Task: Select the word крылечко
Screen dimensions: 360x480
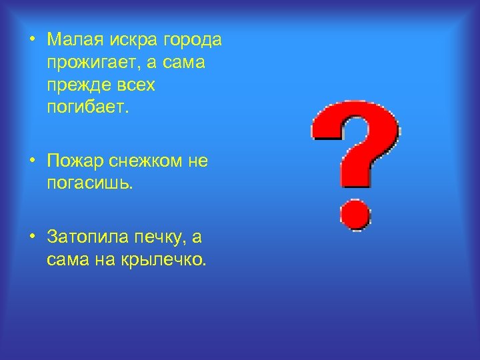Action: (x=167, y=259)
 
